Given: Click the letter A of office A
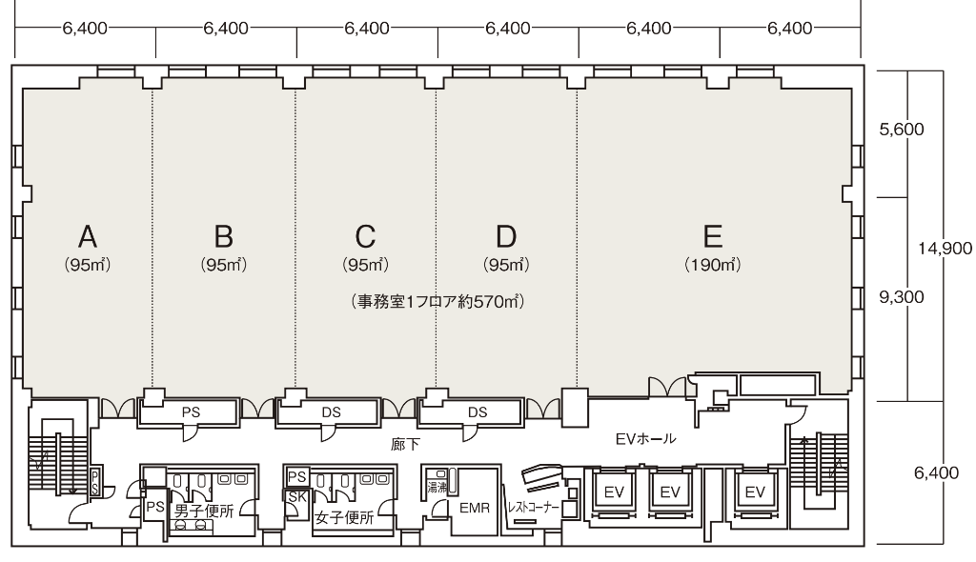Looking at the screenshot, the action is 88,236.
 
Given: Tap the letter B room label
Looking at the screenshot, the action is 223,236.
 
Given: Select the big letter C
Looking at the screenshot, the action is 365,236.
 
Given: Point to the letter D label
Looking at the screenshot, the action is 506,236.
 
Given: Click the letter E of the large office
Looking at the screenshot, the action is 713,236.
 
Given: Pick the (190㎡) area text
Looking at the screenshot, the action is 713,265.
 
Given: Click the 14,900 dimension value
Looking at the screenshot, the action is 945,249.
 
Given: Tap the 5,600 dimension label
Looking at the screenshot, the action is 902,130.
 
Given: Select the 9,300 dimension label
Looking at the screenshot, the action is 902,297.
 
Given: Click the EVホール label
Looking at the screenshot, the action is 645,439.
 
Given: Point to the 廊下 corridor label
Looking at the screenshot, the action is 405,445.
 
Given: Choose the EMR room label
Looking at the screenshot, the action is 475,508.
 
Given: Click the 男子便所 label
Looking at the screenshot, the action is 204,512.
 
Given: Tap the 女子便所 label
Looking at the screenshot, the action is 344,518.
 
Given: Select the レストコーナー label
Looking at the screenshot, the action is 533,508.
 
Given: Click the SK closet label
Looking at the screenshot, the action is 297,497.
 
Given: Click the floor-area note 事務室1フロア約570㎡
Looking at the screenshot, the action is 437,302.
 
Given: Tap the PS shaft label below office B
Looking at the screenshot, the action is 191,412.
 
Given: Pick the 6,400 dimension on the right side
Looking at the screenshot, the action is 936,473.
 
